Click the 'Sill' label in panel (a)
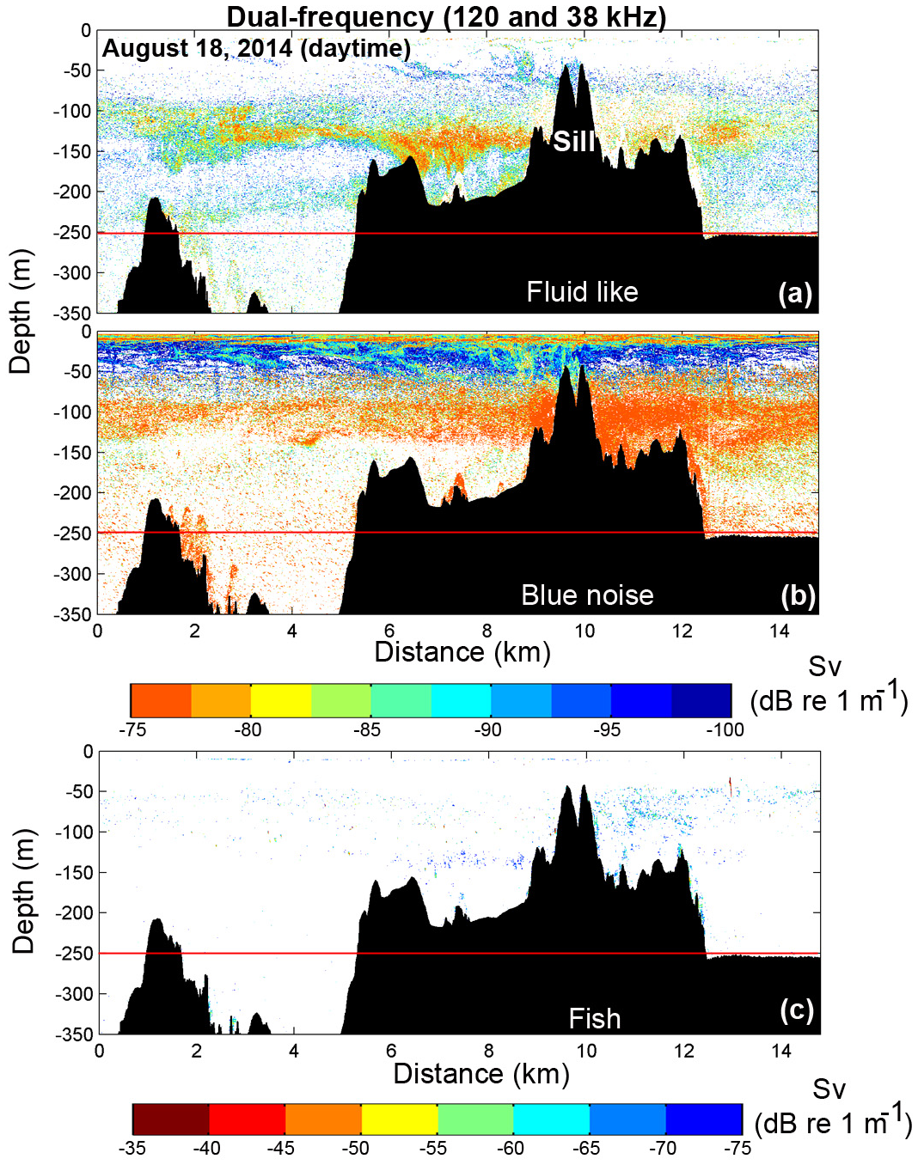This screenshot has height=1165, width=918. [x=573, y=141]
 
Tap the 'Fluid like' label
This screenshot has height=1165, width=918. [x=582, y=292]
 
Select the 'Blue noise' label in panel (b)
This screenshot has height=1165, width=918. [x=587, y=595]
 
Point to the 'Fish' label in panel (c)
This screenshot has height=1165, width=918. [x=594, y=1019]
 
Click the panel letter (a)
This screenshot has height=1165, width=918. [x=795, y=293]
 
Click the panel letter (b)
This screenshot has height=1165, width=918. [x=798, y=595]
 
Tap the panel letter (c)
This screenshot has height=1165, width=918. [x=797, y=1010]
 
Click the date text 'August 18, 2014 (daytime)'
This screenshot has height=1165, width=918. [x=256, y=48]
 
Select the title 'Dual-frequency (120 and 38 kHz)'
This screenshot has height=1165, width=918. [x=446, y=16]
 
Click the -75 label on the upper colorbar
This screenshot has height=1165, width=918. [x=132, y=730]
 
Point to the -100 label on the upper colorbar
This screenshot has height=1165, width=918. [x=725, y=730]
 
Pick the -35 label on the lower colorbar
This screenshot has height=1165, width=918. [x=132, y=1148]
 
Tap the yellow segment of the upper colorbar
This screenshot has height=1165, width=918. [x=280, y=700]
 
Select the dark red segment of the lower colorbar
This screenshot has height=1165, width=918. [x=171, y=1119]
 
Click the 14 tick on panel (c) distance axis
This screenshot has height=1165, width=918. [x=780, y=1051]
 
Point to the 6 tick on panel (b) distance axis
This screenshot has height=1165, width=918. [x=389, y=631]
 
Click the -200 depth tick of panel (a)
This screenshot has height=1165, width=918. [x=73, y=192]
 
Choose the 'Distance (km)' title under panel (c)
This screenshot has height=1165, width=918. [x=481, y=1074]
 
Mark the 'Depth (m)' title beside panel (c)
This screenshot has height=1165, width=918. [x=23, y=891]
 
